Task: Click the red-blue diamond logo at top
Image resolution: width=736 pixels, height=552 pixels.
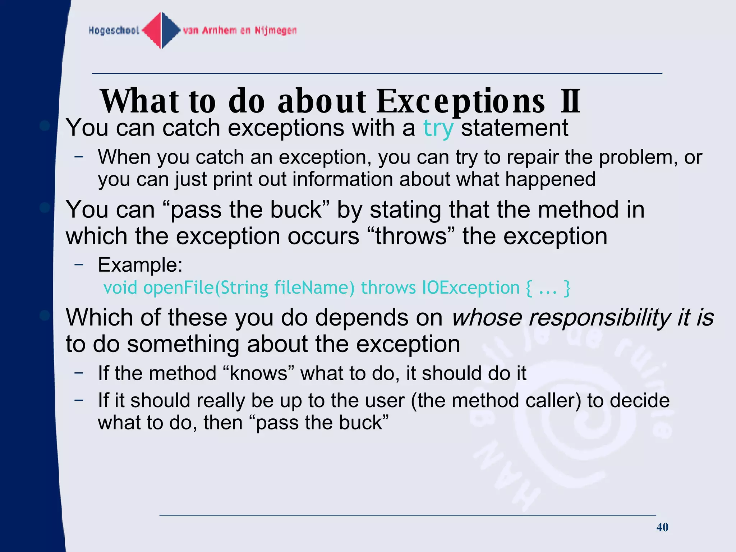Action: [161, 30]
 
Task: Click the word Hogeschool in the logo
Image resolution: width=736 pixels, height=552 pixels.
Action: [114, 31]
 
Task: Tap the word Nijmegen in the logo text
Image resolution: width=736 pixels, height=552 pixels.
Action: [276, 31]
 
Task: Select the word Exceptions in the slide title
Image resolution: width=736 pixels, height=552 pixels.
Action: [461, 101]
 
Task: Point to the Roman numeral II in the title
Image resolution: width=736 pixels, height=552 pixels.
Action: [570, 101]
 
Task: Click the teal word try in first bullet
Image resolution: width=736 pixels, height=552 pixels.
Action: [438, 128]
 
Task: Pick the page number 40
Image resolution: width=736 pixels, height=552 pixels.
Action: [662, 527]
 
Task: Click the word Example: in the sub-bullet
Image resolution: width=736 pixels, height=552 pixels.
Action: [140, 265]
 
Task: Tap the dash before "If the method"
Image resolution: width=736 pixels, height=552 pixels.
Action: [79, 373]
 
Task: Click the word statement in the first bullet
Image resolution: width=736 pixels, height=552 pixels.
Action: [514, 128]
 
